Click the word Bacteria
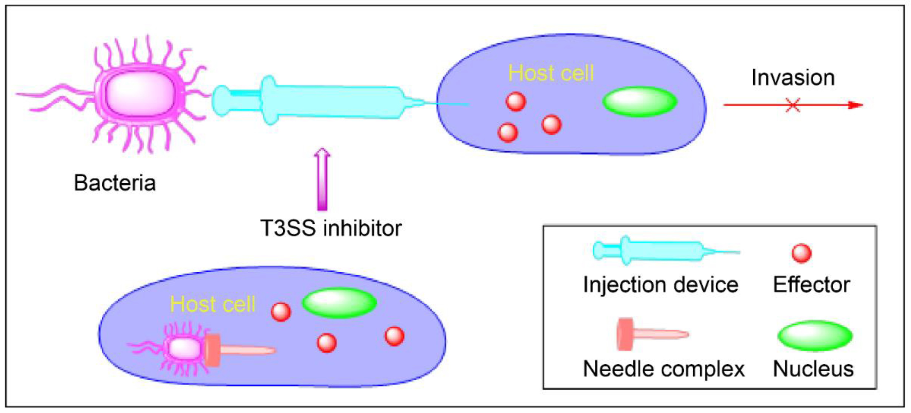pyautogui.click(x=115, y=183)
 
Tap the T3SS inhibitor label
pyautogui.click(x=331, y=228)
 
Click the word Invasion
pyautogui.click(x=793, y=78)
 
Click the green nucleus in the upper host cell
pyautogui.click(x=640, y=102)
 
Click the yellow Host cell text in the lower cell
pyautogui.click(x=213, y=304)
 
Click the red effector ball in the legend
pyautogui.click(x=801, y=253)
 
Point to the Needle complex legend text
pyautogui.click(x=664, y=369)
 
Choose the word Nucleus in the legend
pyautogui.click(x=813, y=369)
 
